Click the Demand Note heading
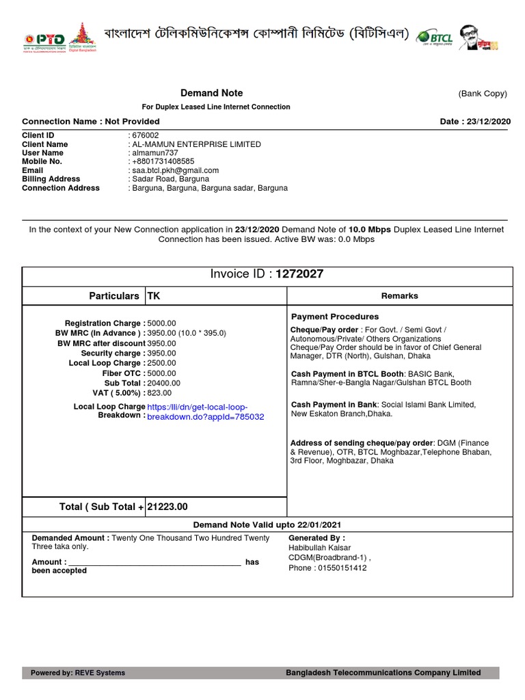[x=211, y=93]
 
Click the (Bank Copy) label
[x=483, y=94]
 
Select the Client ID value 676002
[x=146, y=135]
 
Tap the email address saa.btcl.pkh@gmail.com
[x=176, y=170]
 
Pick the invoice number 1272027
[x=299, y=274]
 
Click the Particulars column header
[x=114, y=296]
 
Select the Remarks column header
[x=399, y=296]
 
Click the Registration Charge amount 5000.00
[x=161, y=323]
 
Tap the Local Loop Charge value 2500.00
[x=161, y=363]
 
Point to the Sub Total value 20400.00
[x=163, y=383]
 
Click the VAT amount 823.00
[x=159, y=393]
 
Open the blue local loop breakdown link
[x=205, y=412]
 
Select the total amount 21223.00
[x=167, y=507]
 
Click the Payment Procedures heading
[x=335, y=317]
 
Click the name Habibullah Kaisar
[x=320, y=548]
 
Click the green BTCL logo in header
[x=434, y=36]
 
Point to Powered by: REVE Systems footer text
[x=78, y=673]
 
